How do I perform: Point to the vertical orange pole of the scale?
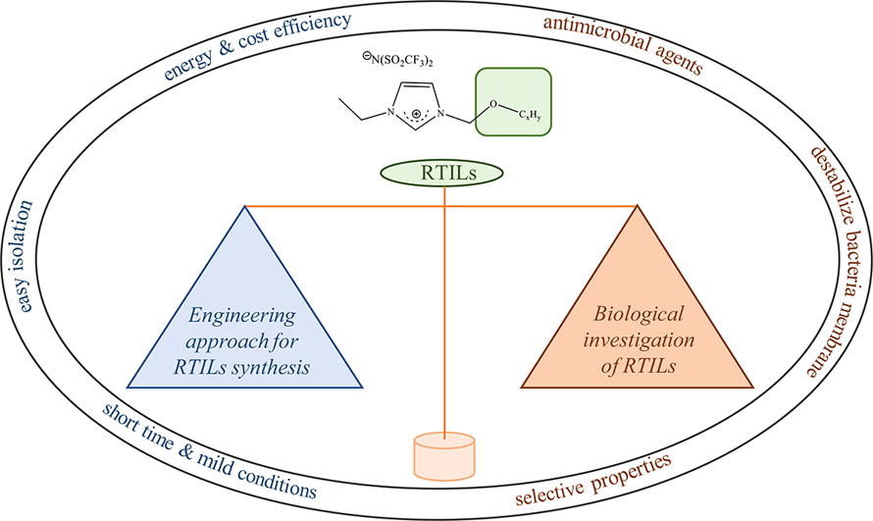pos(446,314)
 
